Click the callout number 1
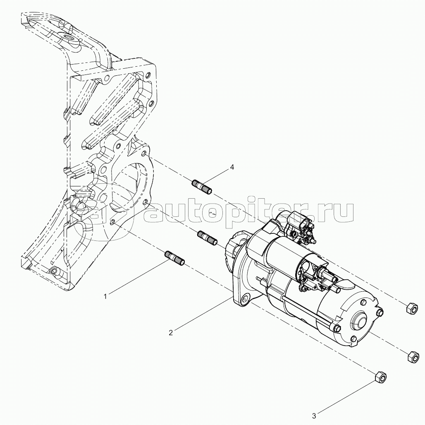pyautogui.click(x=106, y=296)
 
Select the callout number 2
pyautogui.click(x=171, y=332)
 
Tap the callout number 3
pyautogui.click(x=315, y=415)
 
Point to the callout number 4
pyautogui.click(x=232, y=168)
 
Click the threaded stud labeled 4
pyautogui.click(x=202, y=187)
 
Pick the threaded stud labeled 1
pyautogui.click(x=175, y=258)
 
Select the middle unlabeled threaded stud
pyautogui.click(x=208, y=238)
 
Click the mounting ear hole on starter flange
pyautogui.click(x=246, y=299)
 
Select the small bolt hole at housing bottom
pyautogui.click(x=55, y=271)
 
